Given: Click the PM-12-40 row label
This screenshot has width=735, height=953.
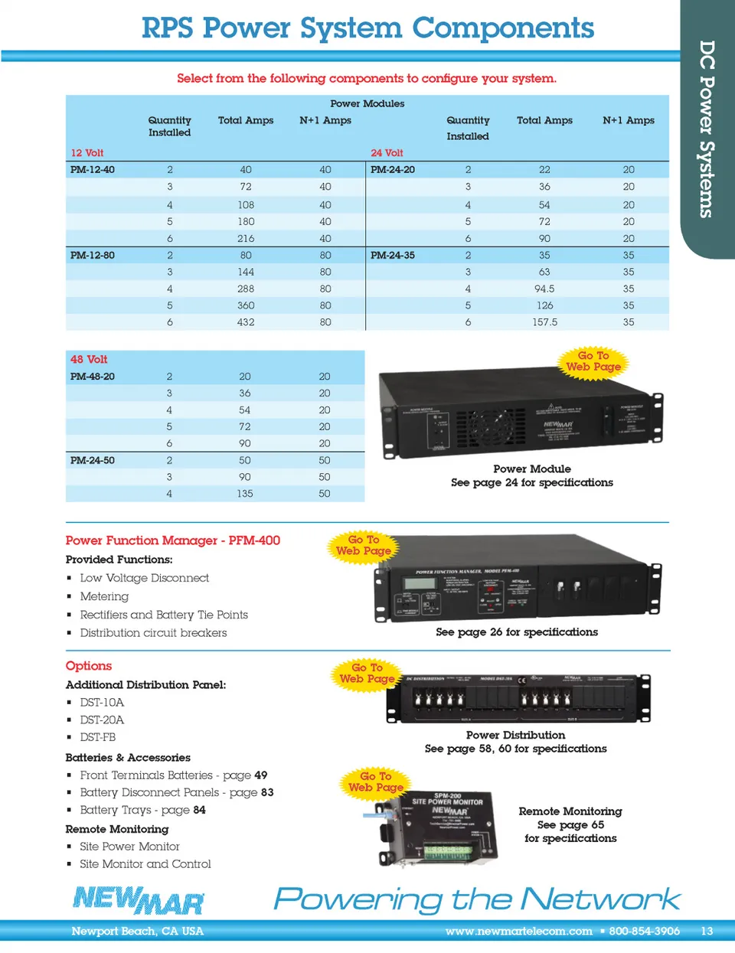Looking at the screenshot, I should (x=93, y=170).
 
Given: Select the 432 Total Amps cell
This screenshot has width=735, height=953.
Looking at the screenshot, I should (x=246, y=322).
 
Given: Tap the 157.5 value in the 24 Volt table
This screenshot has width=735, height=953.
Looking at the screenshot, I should (x=544, y=322).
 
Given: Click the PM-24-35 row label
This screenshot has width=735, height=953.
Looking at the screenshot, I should (x=393, y=256).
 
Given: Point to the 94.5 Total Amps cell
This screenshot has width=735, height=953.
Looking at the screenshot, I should (x=544, y=289).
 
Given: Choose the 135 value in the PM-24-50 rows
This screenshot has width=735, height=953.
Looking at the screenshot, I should (x=245, y=494).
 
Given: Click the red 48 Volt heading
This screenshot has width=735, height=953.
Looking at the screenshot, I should (x=89, y=360).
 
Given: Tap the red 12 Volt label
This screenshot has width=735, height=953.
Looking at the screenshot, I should (x=87, y=153).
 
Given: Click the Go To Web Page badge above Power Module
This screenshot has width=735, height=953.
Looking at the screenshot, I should (x=593, y=361).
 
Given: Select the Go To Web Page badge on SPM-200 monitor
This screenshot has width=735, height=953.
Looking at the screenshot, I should (x=375, y=782).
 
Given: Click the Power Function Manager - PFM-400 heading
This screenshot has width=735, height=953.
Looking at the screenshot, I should (x=173, y=540).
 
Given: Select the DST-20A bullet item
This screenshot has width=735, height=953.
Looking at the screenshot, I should (x=102, y=720).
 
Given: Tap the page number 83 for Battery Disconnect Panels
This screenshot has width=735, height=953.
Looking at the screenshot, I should (x=266, y=792).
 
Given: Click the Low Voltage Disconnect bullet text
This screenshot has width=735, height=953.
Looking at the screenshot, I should (x=144, y=578).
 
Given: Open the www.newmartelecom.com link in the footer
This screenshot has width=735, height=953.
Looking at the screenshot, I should (x=518, y=932).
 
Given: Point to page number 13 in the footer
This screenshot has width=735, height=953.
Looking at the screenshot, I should (x=707, y=932).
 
